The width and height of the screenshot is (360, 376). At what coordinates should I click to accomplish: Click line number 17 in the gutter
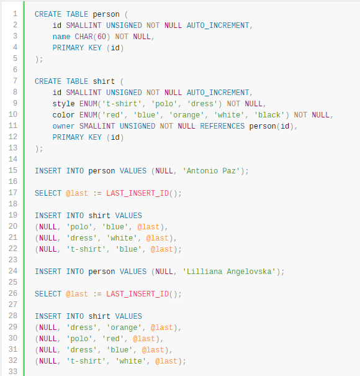tap(13, 193)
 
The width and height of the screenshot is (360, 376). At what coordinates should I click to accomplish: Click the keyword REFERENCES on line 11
tap(222, 126)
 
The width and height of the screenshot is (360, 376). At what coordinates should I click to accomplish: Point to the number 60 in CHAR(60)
tap(102, 37)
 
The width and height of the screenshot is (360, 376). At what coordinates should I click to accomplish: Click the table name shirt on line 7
tap(104, 81)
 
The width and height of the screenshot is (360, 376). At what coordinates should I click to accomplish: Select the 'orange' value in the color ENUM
tap(187, 115)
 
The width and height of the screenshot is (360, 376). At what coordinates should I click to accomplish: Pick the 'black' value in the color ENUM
tap(269, 115)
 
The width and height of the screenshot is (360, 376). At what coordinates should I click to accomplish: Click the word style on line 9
tap(63, 104)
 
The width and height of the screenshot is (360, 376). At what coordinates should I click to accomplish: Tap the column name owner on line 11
tap(63, 126)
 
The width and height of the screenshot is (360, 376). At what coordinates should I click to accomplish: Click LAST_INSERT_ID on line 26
tap(138, 294)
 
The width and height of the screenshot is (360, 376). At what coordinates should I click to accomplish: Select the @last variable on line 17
tap(77, 193)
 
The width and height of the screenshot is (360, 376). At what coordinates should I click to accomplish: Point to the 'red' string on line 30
tap(113, 339)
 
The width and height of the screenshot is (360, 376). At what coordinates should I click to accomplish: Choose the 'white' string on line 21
tap(122, 238)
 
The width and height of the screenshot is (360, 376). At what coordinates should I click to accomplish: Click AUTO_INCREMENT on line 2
tap(218, 25)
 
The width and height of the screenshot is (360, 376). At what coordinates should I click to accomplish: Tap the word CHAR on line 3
tap(84, 37)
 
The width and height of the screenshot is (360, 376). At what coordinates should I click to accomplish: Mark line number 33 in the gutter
tap(13, 372)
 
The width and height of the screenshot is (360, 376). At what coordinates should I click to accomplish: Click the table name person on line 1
tap(106, 14)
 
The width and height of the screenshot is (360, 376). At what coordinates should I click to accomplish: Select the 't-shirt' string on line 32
tap(86, 361)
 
